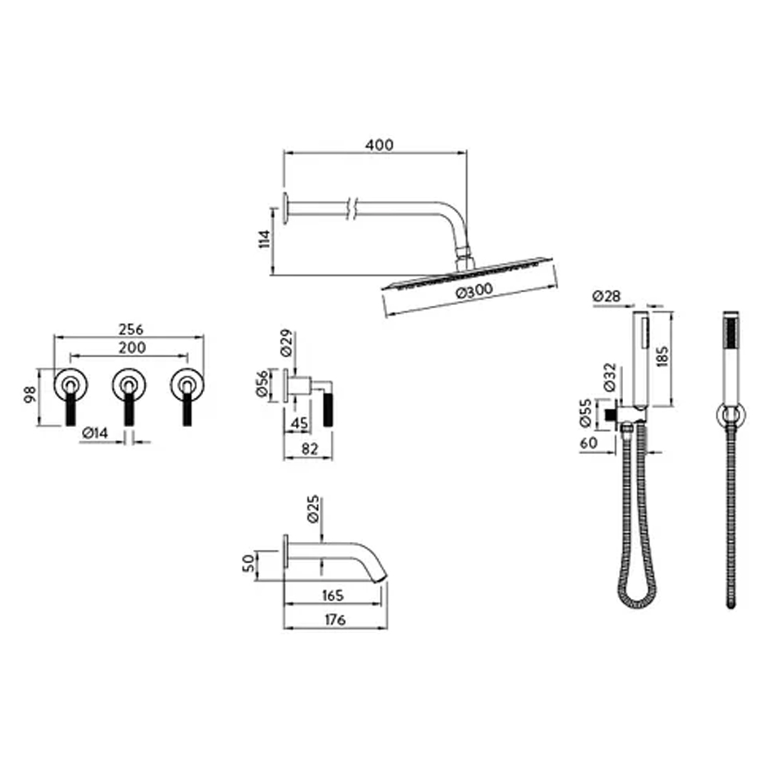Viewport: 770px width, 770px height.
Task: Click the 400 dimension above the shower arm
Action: pos(379,145)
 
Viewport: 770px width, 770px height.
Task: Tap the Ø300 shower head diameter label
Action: pos(474,291)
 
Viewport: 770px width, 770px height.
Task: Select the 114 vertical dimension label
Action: pos(265,239)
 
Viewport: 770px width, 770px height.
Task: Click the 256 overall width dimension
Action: pos(131,329)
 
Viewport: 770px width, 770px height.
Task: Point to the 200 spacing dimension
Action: pos(132,347)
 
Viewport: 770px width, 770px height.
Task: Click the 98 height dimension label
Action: pos(31,394)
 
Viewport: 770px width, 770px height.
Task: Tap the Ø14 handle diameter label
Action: pos(96,433)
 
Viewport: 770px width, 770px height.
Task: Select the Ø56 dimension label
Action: pos(262,384)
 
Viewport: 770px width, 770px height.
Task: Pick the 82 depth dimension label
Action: pos(309,449)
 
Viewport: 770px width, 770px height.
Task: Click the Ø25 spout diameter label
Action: pos(313,509)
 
